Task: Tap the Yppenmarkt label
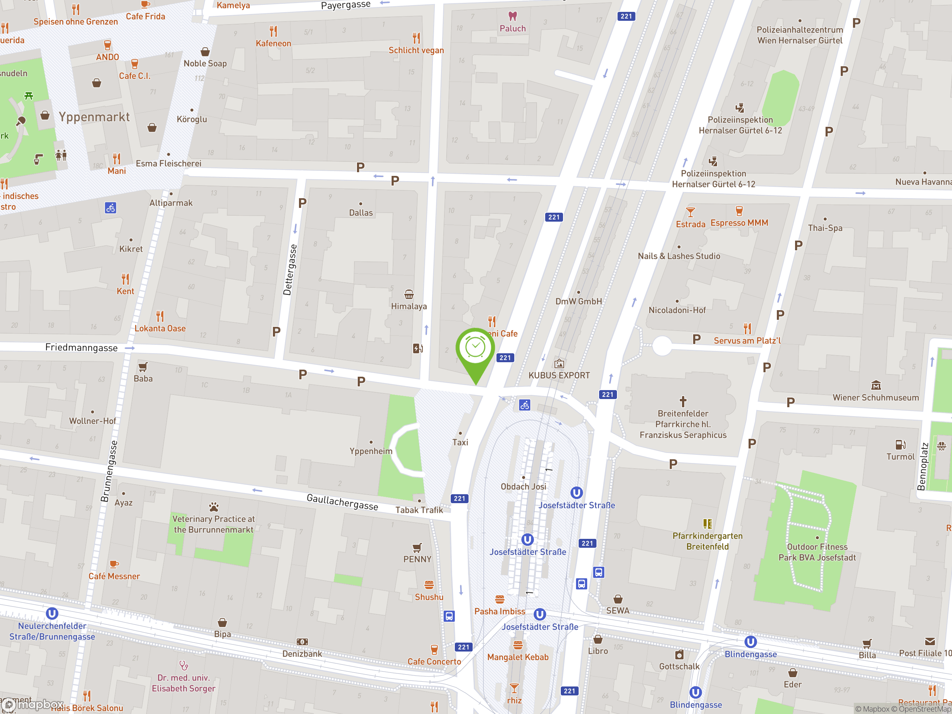tap(94, 117)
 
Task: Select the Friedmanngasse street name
tap(81, 348)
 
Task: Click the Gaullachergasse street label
tap(342, 502)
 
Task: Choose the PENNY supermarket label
tap(417, 559)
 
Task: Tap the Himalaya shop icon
tap(409, 295)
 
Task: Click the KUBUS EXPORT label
tap(559, 375)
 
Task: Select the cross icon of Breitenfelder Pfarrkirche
tap(683, 402)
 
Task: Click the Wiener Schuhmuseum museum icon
tap(876, 386)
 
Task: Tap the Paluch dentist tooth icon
tap(512, 16)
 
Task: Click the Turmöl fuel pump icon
tap(900, 445)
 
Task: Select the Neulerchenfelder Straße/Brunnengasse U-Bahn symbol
tap(52, 613)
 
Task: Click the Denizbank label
tap(302, 654)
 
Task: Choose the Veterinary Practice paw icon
tap(213, 506)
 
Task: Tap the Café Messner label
tap(114, 576)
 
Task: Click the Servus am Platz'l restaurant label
tap(747, 341)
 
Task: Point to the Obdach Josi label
tap(523, 487)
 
